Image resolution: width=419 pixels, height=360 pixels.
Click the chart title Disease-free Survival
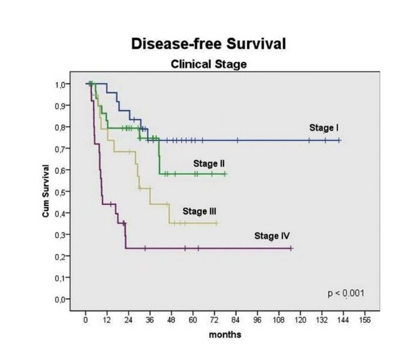click(208, 44)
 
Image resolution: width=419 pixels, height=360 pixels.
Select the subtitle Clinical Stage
click(208, 64)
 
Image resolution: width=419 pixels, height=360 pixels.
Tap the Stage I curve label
click(324, 127)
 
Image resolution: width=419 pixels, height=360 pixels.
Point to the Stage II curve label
click(209, 163)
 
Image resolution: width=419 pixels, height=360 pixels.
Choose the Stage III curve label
click(199, 211)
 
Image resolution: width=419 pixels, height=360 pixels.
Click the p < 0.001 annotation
click(345, 293)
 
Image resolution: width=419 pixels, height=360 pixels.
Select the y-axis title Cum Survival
click(46, 192)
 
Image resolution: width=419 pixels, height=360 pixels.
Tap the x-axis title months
click(225, 334)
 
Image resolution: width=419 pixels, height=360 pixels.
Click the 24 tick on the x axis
click(128, 320)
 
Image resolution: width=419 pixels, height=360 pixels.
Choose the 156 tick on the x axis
click(364, 320)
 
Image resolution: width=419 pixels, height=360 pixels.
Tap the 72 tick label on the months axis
click(214, 320)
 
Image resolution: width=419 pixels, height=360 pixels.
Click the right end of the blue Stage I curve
click(340, 140)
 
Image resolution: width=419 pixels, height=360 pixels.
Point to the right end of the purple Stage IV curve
click(291, 248)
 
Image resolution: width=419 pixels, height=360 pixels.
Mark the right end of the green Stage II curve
click(225, 174)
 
